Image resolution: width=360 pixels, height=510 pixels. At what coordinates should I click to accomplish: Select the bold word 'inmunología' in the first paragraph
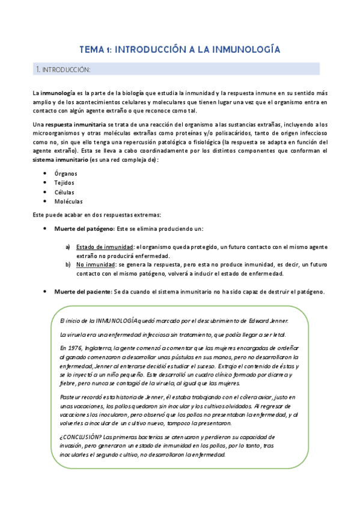[58, 93]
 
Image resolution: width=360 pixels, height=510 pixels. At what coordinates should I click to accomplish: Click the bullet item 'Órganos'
[66, 173]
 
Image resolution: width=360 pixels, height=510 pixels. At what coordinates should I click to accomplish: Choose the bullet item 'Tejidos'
[65, 183]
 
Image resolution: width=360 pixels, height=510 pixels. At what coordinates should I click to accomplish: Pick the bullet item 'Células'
[65, 192]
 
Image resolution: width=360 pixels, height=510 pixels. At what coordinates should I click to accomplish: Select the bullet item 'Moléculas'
[69, 201]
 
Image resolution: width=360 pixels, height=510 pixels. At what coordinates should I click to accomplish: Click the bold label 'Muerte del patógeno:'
[84, 229]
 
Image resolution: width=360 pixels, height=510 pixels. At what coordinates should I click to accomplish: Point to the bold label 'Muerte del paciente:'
[82, 292]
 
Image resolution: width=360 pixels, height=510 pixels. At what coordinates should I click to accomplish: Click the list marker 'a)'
[68, 246]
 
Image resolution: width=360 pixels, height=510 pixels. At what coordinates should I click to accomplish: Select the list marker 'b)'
[68, 264]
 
